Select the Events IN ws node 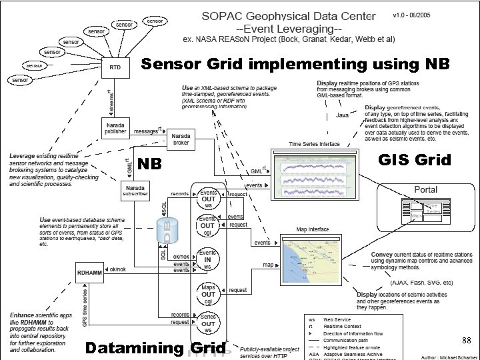point(208,259)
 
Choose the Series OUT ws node point(208,322)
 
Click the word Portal point(426,189)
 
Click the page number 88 point(466,341)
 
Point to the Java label point(341,115)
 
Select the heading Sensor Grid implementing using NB point(295,64)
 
